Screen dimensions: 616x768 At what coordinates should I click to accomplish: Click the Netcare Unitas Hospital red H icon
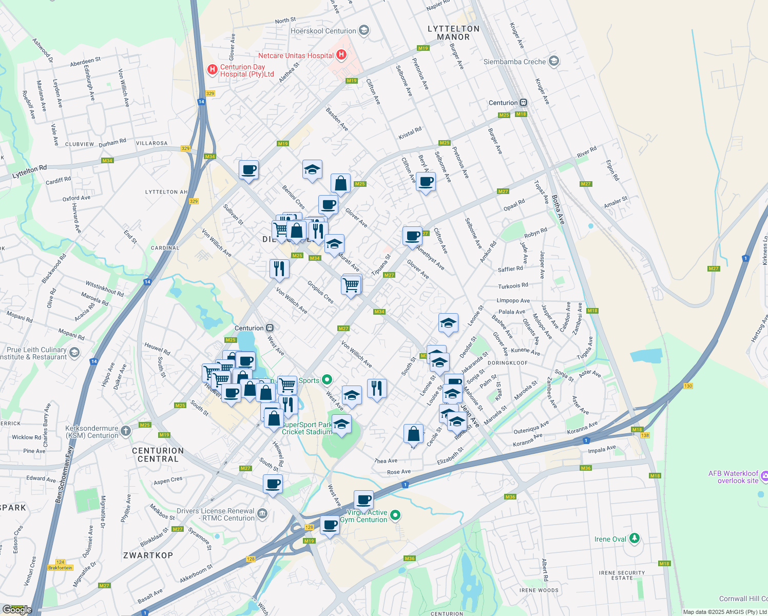[341, 55]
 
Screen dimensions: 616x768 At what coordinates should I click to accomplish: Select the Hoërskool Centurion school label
[323, 31]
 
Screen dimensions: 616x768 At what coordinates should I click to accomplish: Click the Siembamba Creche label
[515, 62]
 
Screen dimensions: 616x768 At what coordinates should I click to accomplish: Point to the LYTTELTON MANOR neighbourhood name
[453, 33]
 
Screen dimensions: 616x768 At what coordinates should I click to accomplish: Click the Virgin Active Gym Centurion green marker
[395, 515]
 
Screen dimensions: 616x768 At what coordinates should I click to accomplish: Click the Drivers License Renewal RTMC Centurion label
[215, 514]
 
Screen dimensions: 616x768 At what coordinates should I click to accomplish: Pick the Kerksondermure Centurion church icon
[126, 431]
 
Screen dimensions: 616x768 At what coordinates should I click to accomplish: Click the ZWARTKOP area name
[148, 555]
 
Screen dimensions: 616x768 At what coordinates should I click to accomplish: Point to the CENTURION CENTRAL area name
[158, 455]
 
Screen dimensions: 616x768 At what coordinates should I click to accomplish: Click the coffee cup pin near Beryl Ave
[426, 182]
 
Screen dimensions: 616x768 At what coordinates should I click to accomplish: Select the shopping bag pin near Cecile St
[413, 434]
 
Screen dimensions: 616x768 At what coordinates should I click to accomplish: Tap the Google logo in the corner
[17, 609]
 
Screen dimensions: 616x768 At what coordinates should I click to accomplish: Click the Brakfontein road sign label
[60, 568]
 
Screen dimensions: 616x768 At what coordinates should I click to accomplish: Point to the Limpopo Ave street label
[513, 301]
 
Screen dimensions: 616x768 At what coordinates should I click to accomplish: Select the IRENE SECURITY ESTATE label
[622, 575]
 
